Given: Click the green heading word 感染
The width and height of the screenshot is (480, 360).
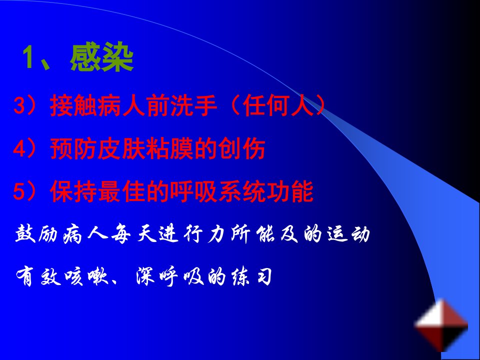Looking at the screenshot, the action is click(101, 57).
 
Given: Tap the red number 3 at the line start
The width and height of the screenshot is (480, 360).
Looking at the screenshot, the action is click(19, 105).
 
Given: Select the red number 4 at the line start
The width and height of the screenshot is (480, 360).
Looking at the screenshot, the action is click(19, 148).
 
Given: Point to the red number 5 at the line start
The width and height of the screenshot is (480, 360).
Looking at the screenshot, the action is click(19, 191).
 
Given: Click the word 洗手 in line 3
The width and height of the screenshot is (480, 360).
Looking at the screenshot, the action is click(193, 105).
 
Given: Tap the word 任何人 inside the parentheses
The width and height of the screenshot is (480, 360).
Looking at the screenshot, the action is click(278, 105).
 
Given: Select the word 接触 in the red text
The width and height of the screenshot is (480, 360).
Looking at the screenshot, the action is click(73, 105).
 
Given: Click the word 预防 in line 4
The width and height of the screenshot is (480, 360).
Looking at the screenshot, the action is click(73, 148).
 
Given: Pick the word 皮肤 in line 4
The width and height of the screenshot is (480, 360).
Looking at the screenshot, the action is click(121, 148).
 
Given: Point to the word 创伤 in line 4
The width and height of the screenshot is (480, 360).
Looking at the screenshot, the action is click(241, 148).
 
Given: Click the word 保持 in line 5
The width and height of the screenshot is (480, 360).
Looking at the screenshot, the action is click(73, 191).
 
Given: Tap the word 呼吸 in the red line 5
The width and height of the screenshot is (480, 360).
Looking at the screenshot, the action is click(193, 191).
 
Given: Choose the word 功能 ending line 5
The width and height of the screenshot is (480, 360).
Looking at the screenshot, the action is click(290, 191).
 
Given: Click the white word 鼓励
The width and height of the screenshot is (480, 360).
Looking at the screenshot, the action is click(36, 234).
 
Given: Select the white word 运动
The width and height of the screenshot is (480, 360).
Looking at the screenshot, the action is click(348, 234).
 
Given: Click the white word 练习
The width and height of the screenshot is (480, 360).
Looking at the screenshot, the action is click(251, 277).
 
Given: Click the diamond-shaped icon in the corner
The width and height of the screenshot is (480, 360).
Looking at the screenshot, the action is click(441, 325).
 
